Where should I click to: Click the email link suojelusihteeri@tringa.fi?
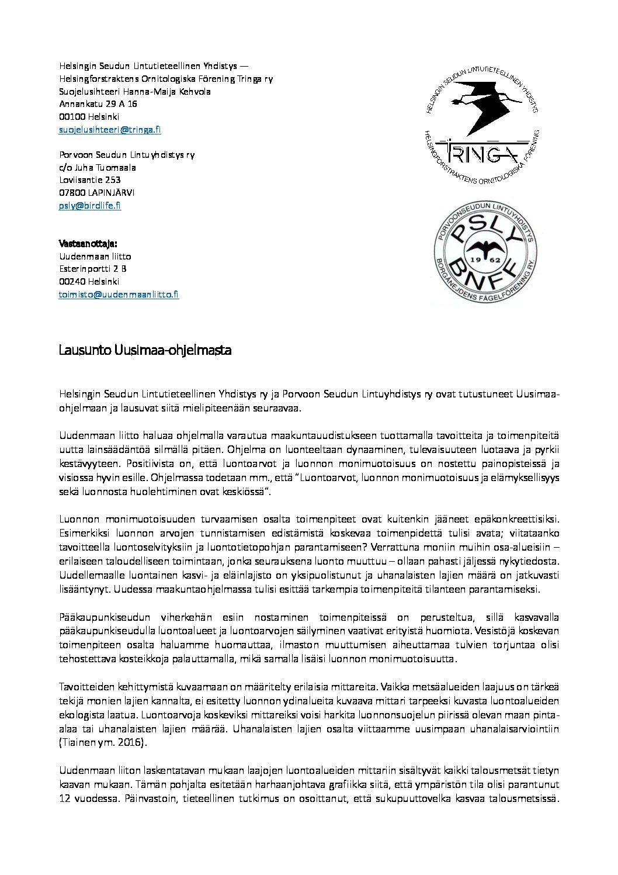(x=110, y=130)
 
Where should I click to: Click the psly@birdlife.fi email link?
(x=90, y=205)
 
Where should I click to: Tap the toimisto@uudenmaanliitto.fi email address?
(x=119, y=295)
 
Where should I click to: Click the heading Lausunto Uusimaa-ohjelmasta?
(x=145, y=350)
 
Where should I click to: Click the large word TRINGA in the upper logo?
(x=478, y=154)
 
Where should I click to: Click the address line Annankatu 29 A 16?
(x=98, y=104)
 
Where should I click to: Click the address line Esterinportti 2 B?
(x=93, y=269)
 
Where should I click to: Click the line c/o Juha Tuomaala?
(x=98, y=168)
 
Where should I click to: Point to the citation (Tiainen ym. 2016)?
(x=103, y=742)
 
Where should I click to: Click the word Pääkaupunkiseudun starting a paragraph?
(x=105, y=617)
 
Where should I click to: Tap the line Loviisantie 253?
(x=90, y=180)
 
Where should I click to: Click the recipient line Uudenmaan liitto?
(x=95, y=257)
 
